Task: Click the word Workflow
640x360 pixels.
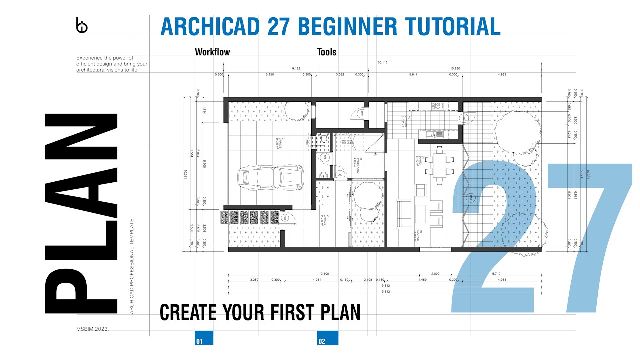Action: [212, 52]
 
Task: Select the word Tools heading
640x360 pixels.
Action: [327, 52]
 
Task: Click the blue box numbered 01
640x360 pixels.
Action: [204, 338]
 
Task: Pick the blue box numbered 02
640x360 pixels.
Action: [328, 338]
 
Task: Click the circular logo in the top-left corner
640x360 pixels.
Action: [81, 26]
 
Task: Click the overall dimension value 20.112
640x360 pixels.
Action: [383, 63]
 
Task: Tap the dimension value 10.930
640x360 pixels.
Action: [455, 68]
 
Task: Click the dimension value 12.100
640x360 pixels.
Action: [323, 274]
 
